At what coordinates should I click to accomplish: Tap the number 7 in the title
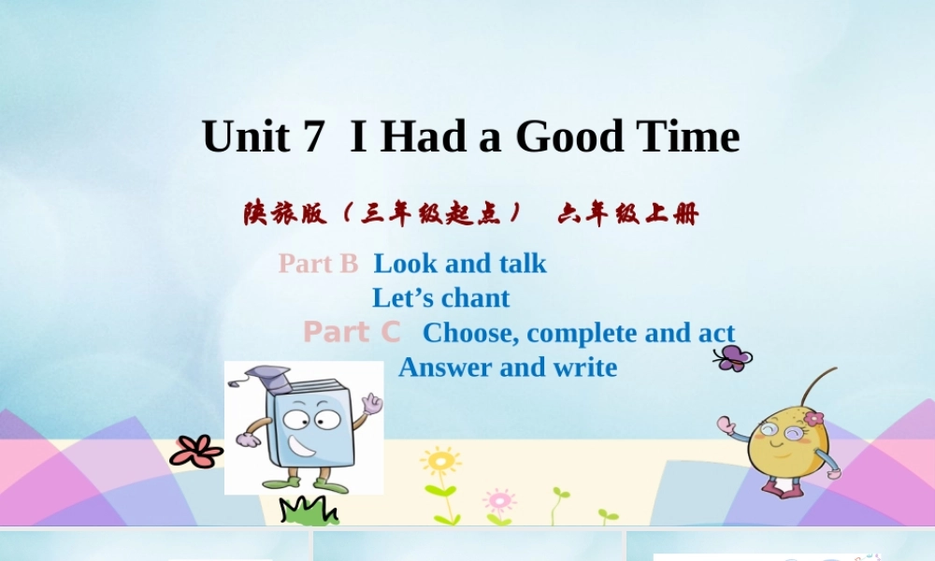point(313,137)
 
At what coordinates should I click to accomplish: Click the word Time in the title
point(687,137)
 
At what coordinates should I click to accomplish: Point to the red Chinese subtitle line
point(470,214)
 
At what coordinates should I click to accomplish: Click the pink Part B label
point(318,264)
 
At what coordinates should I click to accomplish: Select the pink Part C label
point(352,332)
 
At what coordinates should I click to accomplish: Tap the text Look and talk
point(460,264)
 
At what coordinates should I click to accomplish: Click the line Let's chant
point(440,298)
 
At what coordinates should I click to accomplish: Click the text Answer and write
point(508,367)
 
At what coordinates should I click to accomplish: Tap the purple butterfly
point(733,356)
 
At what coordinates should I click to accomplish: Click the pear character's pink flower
point(813,418)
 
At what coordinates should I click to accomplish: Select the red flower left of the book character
point(196,452)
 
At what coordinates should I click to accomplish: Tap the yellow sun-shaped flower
point(439,460)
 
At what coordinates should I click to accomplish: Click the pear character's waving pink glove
point(726,425)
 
